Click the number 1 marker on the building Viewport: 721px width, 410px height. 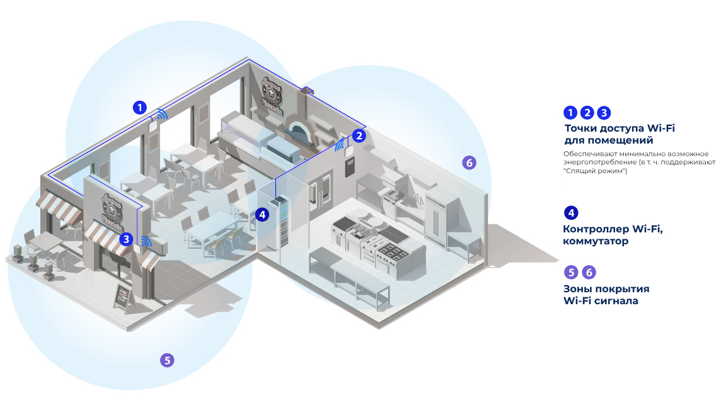(x=139, y=107)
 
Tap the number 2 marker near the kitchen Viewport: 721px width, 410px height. (x=359, y=135)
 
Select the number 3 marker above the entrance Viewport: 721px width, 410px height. (x=127, y=239)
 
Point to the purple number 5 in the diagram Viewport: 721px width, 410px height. (x=166, y=360)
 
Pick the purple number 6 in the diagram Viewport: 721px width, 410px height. (x=468, y=162)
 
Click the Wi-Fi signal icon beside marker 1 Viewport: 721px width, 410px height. (x=162, y=114)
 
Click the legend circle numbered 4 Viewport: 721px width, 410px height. (x=570, y=213)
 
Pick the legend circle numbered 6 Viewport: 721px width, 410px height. (x=588, y=273)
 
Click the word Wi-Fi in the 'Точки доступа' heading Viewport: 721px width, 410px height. (x=660, y=128)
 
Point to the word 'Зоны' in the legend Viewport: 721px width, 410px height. (x=577, y=288)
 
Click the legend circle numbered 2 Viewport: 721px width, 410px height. (x=587, y=113)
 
